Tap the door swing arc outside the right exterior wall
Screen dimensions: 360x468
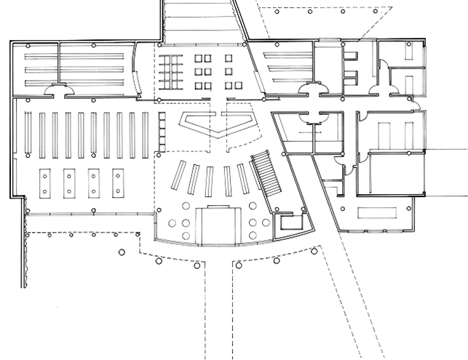click(x=420, y=108)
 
